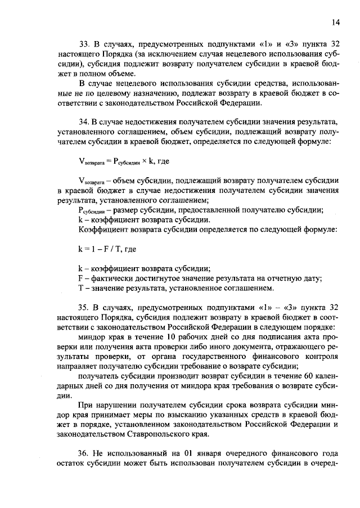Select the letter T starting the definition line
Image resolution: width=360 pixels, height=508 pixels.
coord(80,288)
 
